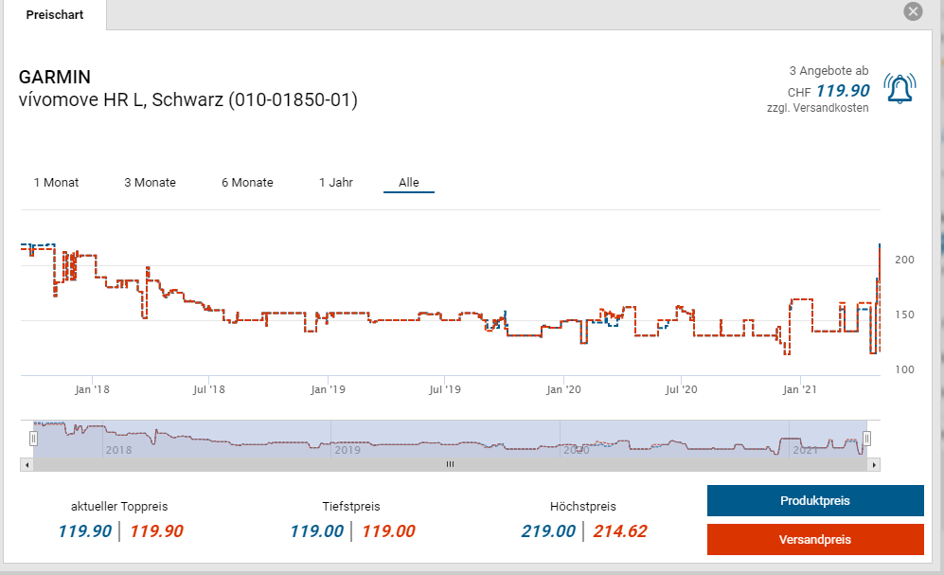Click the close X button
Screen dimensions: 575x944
tap(913, 11)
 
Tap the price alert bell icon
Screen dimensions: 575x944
tap(899, 88)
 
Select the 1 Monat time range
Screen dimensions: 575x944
tap(56, 182)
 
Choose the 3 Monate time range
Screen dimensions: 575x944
tap(150, 182)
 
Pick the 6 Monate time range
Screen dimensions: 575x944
tap(247, 182)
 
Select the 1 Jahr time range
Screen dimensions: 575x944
tap(336, 182)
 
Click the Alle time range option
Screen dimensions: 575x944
tap(409, 182)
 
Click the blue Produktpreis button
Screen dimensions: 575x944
tap(815, 500)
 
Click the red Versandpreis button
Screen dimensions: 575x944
tap(815, 539)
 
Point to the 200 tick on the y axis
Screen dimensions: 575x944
tap(904, 260)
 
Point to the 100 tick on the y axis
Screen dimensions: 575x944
tap(904, 369)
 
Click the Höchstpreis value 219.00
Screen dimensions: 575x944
tap(548, 531)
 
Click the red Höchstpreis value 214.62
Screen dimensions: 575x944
tap(619, 531)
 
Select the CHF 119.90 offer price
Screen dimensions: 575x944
tap(842, 91)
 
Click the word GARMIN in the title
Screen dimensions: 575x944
tap(55, 77)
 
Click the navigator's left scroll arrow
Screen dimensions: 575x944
tap(27, 464)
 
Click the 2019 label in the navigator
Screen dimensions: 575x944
tap(347, 450)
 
